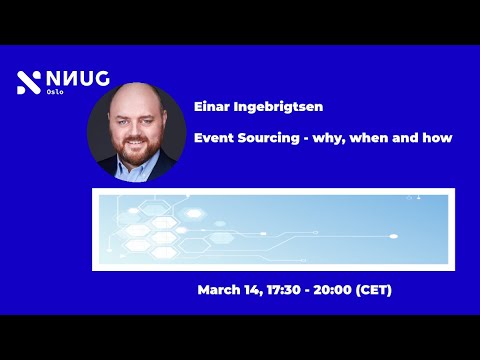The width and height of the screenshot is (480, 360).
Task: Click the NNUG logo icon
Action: click(x=27, y=83)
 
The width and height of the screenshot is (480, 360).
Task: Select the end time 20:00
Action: click(x=332, y=290)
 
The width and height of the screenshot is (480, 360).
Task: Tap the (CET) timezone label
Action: click(x=373, y=290)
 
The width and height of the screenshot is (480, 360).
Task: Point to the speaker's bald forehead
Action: click(x=137, y=108)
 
